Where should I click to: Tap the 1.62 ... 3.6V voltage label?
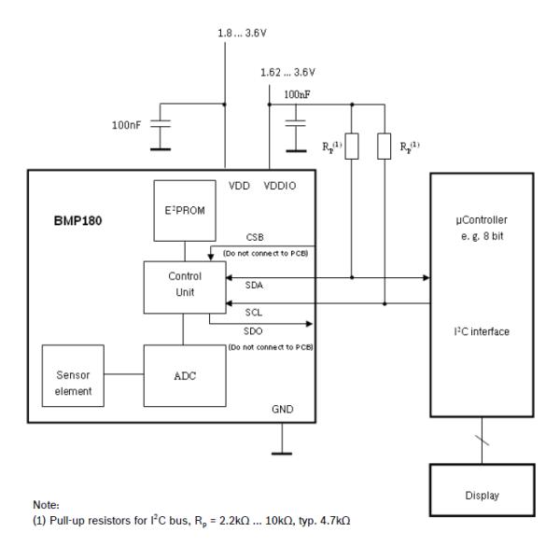(287, 72)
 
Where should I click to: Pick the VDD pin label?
(241, 187)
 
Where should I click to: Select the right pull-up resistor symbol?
(385, 146)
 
